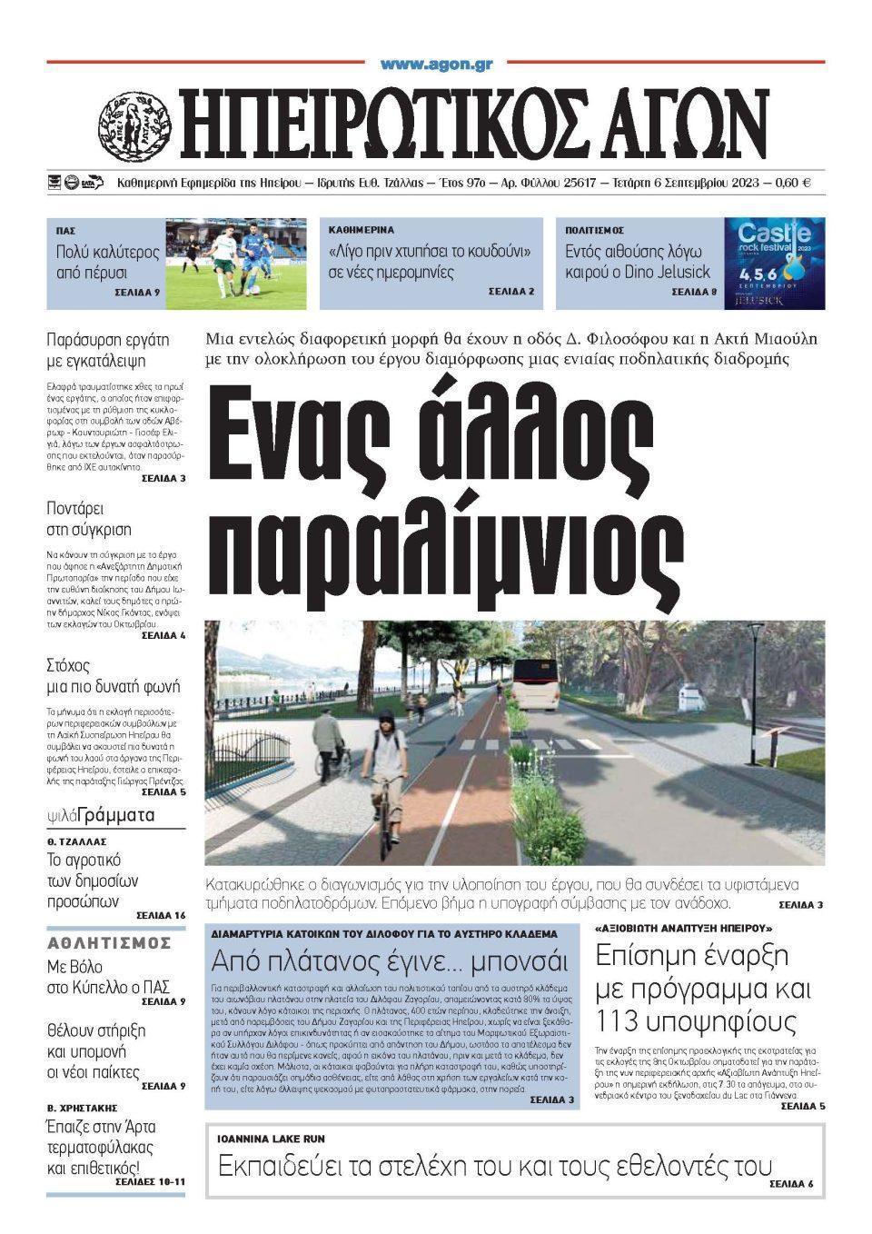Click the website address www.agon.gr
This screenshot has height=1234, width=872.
[436, 65]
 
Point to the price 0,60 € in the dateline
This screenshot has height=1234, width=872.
[793, 183]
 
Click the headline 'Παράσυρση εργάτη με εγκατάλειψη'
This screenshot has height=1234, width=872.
[108, 351]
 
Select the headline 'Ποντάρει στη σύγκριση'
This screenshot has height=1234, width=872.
[89, 518]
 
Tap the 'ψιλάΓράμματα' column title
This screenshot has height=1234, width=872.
[101, 815]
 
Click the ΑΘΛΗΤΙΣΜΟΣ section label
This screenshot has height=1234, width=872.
[109, 941]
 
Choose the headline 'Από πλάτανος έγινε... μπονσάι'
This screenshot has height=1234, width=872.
[390, 960]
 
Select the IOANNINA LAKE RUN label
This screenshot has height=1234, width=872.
[271, 1139]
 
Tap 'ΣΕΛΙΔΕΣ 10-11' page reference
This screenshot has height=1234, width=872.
[150, 1182]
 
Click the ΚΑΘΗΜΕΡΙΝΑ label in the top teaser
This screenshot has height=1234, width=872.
[362, 231]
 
